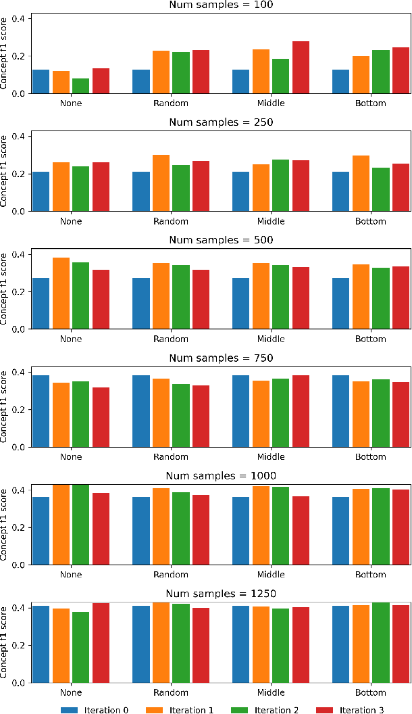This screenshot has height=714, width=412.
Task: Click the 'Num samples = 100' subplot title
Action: click(x=220, y=5)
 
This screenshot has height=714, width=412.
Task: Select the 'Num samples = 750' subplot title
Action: click(x=220, y=358)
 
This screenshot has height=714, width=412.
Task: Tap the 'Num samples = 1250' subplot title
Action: click(x=220, y=594)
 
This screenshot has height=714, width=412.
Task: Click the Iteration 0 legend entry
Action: click(x=95, y=709)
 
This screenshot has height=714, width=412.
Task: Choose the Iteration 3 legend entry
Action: click(x=352, y=709)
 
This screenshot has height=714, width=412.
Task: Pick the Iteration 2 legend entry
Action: click(x=266, y=709)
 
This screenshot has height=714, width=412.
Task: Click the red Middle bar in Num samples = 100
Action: click(x=301, y=68)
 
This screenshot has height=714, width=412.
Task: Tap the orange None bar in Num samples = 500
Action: click(x=61, y=293)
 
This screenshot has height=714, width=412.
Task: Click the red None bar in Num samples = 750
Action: click(x=101, y=417)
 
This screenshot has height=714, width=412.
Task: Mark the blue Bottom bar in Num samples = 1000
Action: click(x=340, y=531)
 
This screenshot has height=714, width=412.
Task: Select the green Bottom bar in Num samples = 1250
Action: click(x=380, y=642)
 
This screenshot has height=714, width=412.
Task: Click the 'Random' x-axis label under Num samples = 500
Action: click(x=171, y=339)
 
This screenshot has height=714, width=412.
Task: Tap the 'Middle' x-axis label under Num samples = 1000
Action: click(x=271, y=575)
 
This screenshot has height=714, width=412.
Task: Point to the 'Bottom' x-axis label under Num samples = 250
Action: click(x=370, y=221)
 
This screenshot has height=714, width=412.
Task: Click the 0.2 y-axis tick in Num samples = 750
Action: click(x=22, y=410)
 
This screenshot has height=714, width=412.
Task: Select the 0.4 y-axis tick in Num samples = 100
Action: click(x=22, y=18)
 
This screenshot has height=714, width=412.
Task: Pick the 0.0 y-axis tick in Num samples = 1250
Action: click(x=22, y=683)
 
